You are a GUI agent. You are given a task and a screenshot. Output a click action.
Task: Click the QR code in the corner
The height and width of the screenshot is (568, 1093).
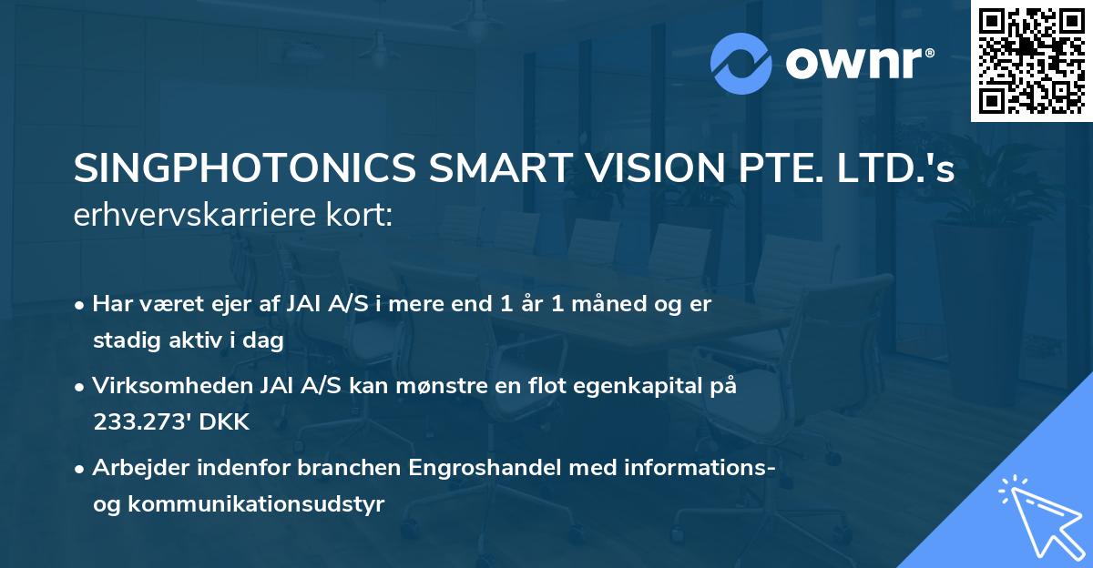pos(1031,60)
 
